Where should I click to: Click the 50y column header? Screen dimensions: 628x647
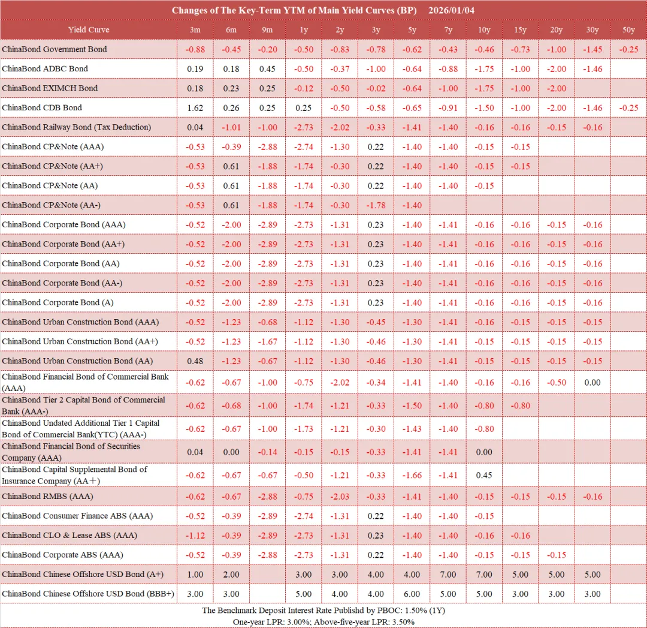point(628,29)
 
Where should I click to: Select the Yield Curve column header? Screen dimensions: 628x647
point(89,29)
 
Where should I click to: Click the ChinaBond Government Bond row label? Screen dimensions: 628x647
point(55,49)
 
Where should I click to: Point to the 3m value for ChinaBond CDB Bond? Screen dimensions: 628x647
point(195,108)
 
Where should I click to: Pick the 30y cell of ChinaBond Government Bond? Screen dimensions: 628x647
point(592,49)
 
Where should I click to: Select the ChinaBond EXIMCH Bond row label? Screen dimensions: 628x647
point(50,88)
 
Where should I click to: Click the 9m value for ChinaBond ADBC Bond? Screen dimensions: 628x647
point(267,68)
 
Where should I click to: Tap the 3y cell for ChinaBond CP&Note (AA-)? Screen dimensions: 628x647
point(376,205)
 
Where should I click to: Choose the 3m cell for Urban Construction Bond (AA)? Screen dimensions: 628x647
point(195,361)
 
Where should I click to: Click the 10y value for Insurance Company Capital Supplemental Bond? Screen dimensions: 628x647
point(484,475)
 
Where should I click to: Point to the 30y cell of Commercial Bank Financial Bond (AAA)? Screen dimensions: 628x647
point(592,382)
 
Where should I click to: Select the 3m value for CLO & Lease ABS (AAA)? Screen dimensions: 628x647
point(195,536)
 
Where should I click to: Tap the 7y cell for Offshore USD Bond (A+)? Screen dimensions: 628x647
point(448,575)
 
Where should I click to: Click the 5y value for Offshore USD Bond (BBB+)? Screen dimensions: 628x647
point(412,594)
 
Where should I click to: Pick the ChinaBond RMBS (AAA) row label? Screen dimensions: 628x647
point(47,497)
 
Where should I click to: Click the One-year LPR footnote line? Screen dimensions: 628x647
point(323,622)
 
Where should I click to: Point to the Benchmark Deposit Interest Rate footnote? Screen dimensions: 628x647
point(323,611)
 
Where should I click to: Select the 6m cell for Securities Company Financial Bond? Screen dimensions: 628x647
point(231,452)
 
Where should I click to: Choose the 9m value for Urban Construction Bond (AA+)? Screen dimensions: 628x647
point(267,341)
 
